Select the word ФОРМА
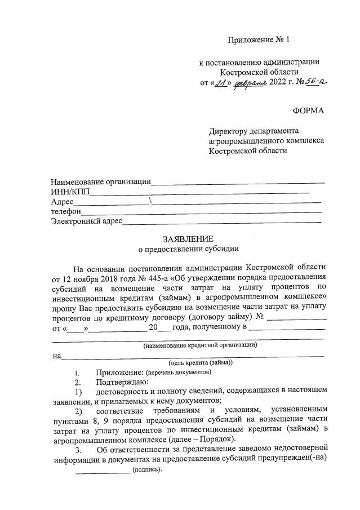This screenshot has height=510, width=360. pyautogui.click(x=309, y=110)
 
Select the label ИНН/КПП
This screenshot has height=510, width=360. pyautogui.click(x=70, y=192)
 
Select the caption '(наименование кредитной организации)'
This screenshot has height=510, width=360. pyautogui.click(x=200, y=344)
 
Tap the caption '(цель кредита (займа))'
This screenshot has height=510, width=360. pyautogui.click(x=201, y=363)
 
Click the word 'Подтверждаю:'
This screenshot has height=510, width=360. pyautogui.click(x=122, y=382)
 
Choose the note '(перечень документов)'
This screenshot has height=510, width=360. pyautogui.click(x=178, y=372)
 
